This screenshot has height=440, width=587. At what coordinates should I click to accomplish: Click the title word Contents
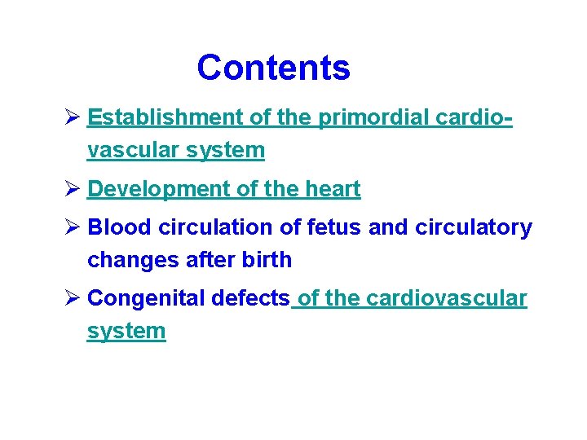pos(273,68)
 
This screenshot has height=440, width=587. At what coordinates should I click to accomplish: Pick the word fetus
pos(335,228)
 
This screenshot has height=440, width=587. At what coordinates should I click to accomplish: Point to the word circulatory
pos(474,228)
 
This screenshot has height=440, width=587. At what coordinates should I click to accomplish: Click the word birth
pos(265,261)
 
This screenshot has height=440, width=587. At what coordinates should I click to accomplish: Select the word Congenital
pos(146,299)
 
